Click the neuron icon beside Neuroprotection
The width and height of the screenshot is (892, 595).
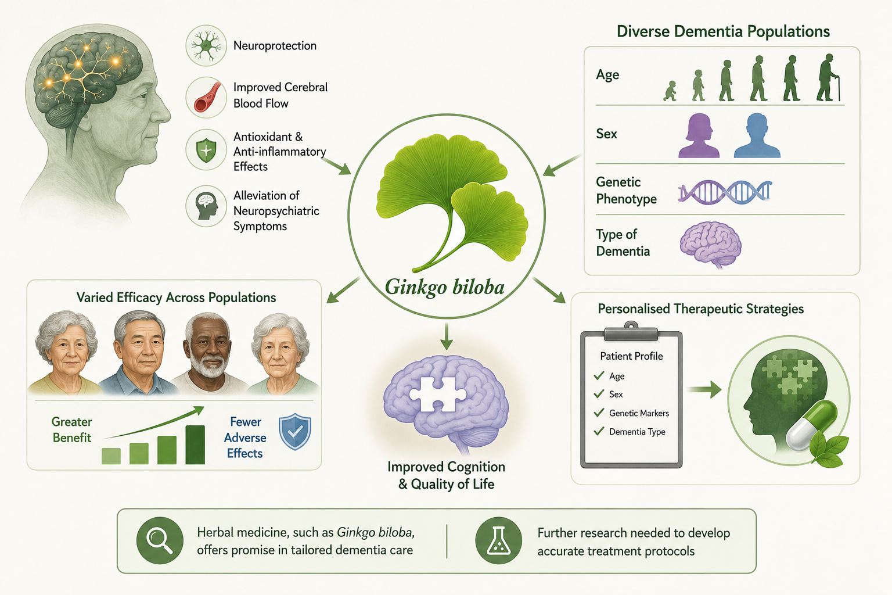click(x=206, y=45)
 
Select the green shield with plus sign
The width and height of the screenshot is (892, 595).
click(x=206, y=150)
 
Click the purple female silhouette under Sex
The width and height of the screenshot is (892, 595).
click(x=699, y=135)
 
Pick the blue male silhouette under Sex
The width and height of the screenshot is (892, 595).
click(x=757, y=135)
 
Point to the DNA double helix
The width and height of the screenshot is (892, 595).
click(x=725, y=192)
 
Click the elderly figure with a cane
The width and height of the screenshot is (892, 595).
click(x=828, y=77)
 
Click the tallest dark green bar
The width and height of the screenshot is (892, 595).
click(x=195, y=445)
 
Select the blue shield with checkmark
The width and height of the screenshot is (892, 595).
click(x=295, y=432)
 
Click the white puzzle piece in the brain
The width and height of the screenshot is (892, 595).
click(x=438, y=394)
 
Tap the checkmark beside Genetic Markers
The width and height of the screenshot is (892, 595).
click(x=599, y=413)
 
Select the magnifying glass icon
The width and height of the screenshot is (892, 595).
click(x=160, y=540)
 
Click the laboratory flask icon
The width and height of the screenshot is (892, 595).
click(x=499, y=540)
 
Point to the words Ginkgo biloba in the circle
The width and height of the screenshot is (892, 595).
click(x=445, y=287)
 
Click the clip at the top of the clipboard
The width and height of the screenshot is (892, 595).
click(x=631, y=332)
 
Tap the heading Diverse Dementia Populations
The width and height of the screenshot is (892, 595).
click(x=723, y=31)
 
